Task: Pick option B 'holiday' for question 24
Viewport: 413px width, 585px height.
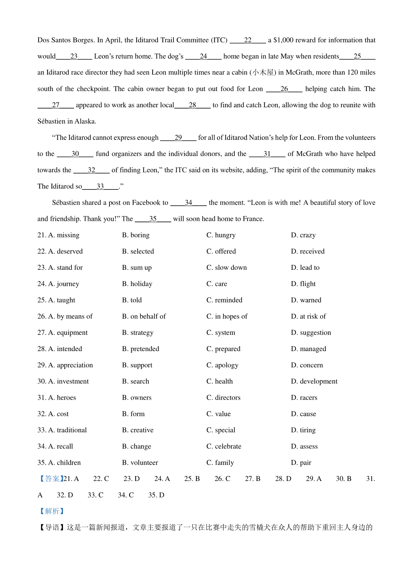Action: (x=141, y=284)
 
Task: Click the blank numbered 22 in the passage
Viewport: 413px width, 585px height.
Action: (x=248, y=40)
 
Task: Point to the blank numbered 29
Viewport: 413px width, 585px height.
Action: (x=178, y=138)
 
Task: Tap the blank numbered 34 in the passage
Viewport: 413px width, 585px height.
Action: (x=188, y=203)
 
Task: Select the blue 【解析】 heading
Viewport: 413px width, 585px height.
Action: (x=52, y=511)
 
